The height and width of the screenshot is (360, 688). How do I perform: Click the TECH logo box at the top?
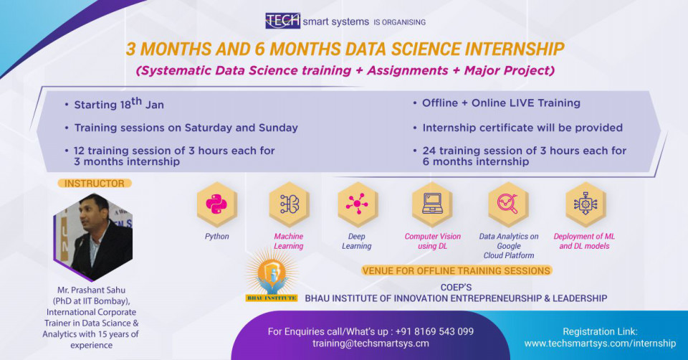pos(282,21)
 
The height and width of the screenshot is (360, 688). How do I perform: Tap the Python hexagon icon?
pos(216,204)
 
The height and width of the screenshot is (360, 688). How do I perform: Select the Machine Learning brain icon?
pos(289,204)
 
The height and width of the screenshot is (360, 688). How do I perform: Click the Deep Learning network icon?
pos(357,204)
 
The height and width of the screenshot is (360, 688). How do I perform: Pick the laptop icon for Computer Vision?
pos(432,204)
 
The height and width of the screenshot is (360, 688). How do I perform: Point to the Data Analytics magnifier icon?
pos(508,204)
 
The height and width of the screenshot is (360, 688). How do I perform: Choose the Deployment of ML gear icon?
pos(586,204)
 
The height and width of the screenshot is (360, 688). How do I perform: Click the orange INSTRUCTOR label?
pos(95,184)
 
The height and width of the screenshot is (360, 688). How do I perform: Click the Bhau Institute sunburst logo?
pos(271,275)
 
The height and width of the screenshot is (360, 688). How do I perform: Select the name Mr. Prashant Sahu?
pos(91,290)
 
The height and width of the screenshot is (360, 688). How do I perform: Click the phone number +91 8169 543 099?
pos(434,331)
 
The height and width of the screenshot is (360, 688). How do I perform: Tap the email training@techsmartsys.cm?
pos(371,344)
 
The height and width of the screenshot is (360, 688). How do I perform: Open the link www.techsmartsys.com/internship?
pos(601,344)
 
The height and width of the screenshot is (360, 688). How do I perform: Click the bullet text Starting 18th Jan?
pos(119,103)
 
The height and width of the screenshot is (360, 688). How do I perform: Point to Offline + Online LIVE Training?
pos(501,103)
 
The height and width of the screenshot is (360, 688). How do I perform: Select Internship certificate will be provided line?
pos(522,128)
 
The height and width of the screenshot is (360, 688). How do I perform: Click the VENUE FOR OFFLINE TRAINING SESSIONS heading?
pos(457,271)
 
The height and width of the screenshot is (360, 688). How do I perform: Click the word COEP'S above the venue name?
pos(457,287)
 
